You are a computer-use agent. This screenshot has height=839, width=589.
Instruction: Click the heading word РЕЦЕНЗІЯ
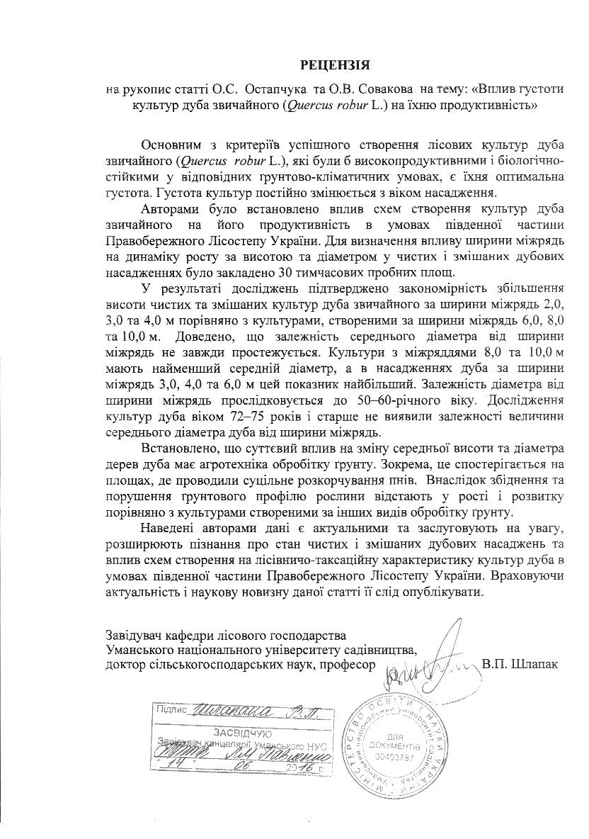coord(335,66)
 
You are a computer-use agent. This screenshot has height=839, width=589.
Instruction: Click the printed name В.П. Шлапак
coord(519,664)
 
